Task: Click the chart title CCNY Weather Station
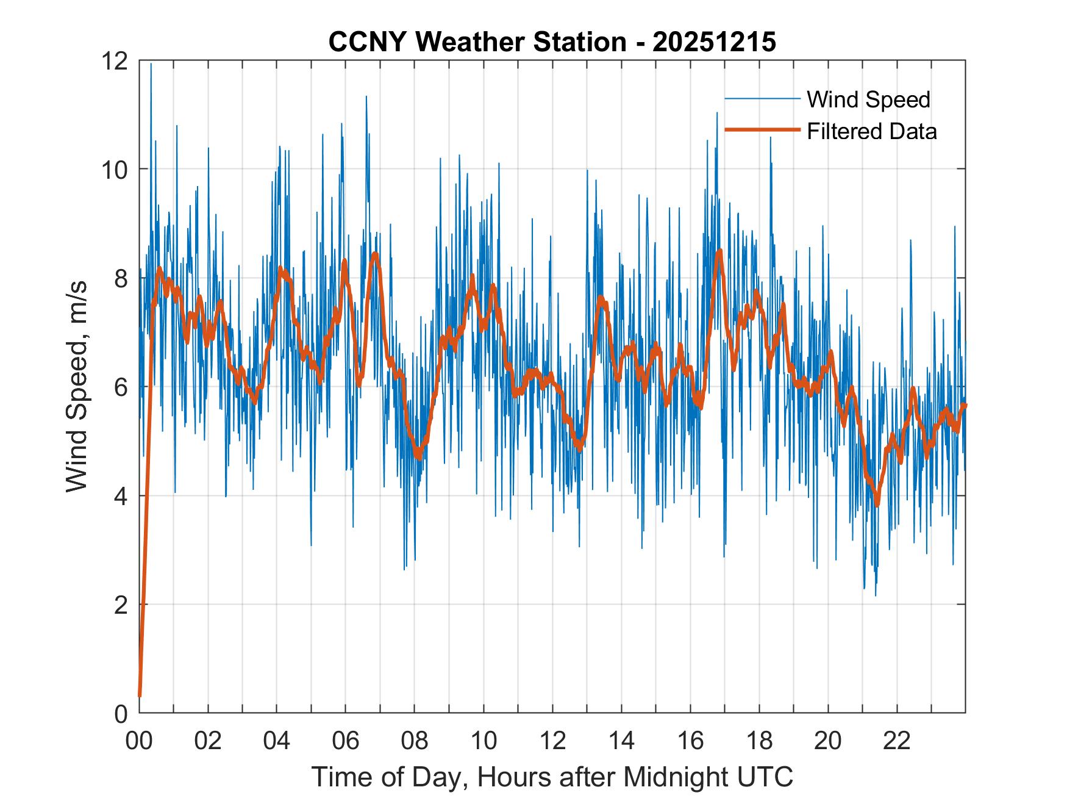[477, 42]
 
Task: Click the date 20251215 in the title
[714, 42]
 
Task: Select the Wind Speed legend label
[868, 99]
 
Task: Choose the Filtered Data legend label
[871, 131]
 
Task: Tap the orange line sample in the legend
[762, 130]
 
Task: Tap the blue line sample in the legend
[762, 99]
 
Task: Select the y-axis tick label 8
[121, 278]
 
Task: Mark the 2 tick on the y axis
[121, 605]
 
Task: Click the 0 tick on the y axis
[121, 713]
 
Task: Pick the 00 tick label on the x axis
[139, 741]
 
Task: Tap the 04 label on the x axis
[277, 741]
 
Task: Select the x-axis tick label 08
[415, 741]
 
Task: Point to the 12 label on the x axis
[552, 741]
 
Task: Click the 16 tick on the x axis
[690, 741]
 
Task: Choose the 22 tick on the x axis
[897, 741]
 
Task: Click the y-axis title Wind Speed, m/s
[77, 386]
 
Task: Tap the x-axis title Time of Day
[552, 777]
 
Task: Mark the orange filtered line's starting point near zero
[140, 695]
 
